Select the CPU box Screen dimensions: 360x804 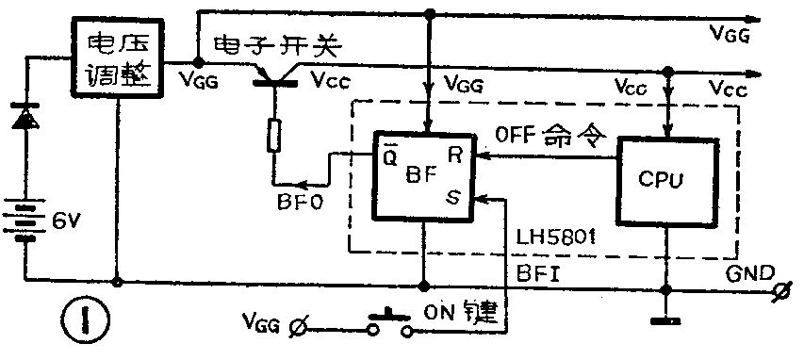tap(665, 178)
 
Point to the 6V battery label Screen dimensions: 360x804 tap(70, 222)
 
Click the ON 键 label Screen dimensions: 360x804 tap(468, 313)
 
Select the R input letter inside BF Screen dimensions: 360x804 tap(453, 154)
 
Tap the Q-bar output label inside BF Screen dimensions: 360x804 tap(387, 154)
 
